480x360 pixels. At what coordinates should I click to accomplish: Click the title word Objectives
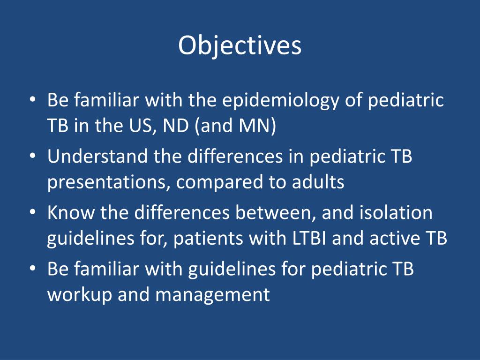(x=240, y=46)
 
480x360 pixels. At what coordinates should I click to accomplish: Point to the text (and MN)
(x=235, y=126)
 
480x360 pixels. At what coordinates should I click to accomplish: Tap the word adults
(x=318, y=182)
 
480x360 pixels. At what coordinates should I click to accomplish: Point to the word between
(x=276, y=213)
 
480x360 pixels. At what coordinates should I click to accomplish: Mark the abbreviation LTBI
(x=309, y=239)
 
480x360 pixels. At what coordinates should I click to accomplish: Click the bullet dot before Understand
(x=33, y=156)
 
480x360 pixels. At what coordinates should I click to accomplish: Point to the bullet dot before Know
(x=33, y=212)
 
